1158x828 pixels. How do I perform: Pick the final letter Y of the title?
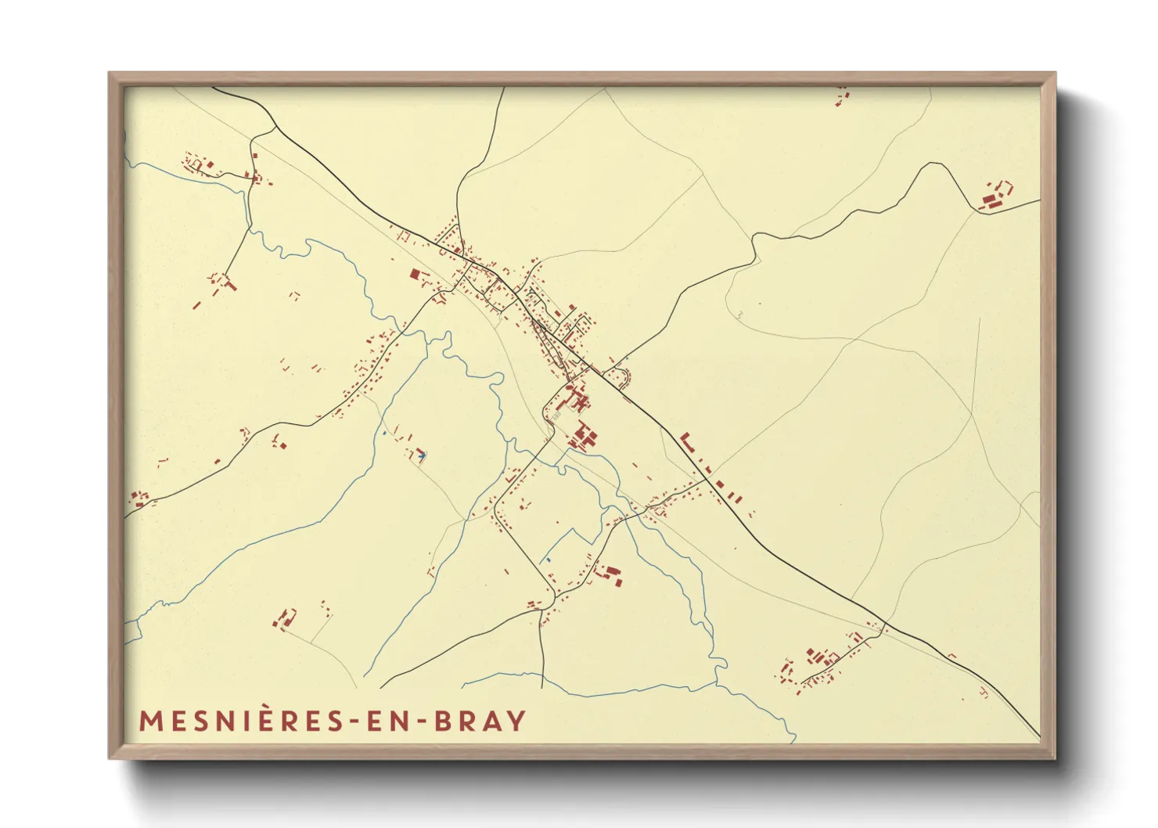[x=516, y=721]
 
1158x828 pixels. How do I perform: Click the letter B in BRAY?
[x=442, y=721]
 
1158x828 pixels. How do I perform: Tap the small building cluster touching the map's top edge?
[x=841, y=97]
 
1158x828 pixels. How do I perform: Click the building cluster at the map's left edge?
[x=139, y=498]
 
